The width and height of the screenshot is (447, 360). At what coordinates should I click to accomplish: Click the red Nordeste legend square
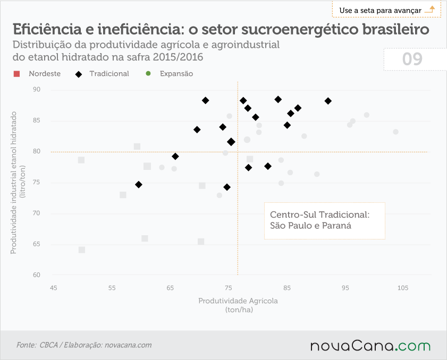pos(17,74)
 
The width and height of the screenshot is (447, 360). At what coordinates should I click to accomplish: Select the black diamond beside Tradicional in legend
pos(78,74)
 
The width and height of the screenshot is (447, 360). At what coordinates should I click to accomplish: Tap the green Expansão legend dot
pos(148,73)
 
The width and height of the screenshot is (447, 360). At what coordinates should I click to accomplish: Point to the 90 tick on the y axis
pos(37,89)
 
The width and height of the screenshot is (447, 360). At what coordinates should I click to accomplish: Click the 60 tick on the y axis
pos(37,275)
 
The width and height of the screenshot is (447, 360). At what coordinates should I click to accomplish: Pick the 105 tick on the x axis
pos(403,288)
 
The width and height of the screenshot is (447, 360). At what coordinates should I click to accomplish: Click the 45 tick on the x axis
pos(53,288)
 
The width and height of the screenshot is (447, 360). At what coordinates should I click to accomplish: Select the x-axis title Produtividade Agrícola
pos(238,301)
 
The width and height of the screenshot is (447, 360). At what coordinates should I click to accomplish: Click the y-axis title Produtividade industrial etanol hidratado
pos(13,183)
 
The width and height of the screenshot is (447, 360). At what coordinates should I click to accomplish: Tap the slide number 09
pos(412,59)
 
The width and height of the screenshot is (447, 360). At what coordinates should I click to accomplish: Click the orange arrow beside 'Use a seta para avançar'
pos(429,9)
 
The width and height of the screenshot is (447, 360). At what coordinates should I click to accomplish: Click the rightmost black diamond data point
pos(328,101)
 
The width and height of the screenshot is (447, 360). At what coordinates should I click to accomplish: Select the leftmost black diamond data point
pos(139,185)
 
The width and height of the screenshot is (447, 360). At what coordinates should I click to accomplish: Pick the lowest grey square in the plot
pos(82,250)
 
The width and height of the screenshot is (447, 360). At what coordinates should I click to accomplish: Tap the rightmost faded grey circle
pos(395,132)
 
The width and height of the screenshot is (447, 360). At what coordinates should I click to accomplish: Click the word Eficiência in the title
pos(47,29)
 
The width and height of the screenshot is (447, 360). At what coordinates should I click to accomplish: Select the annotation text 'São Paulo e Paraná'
pos(311,226)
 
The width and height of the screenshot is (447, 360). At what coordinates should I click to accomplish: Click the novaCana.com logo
pos(370,346)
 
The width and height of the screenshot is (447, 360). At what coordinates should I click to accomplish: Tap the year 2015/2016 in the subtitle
pos(178,57)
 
